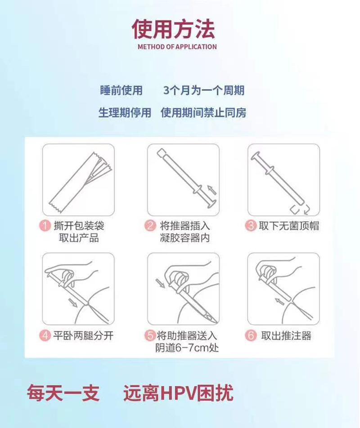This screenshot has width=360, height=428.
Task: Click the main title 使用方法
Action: [x=173, y=29]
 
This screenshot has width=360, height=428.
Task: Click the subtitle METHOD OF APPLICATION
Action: [x=177, y=47]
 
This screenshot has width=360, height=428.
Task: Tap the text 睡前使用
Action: [x=121, y=90]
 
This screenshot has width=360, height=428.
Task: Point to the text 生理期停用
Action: [x=125, y=112]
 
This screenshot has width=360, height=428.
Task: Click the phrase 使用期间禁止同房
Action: [x=203, y=112]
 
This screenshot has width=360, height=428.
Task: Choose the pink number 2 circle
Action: [x=150, y=226]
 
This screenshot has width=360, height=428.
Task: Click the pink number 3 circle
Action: [x=251, y=226]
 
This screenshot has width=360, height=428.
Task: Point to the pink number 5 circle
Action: [x=150, y=335]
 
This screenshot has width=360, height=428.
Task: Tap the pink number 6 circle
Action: [x=251, y=335]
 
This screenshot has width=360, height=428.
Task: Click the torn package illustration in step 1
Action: [x=79, y=179]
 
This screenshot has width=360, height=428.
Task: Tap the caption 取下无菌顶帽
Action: [x=288, y=226]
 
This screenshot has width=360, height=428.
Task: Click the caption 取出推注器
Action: [x=286, y=335]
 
